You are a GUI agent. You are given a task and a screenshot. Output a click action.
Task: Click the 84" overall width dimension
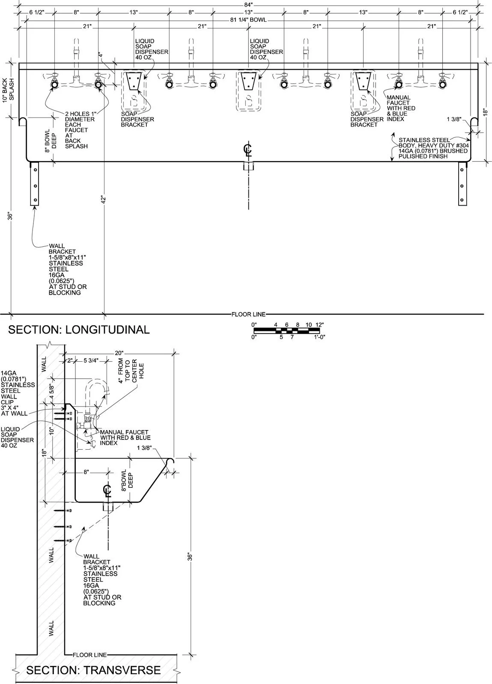coord(249,4)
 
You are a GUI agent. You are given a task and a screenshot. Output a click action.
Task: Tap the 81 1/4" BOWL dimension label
coord(248,20)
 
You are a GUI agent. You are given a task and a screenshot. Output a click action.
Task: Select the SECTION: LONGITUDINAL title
coord(79,330)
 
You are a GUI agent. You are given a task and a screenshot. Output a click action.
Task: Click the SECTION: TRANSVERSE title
coord(93,670)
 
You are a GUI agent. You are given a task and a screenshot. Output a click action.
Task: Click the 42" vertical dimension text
coord(103,200)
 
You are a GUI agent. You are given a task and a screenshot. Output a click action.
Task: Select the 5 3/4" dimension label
coord(91,361)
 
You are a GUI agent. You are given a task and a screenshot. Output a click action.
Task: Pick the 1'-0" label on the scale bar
coord(319,337)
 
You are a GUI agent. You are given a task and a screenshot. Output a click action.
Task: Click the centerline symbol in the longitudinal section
coord(247,150)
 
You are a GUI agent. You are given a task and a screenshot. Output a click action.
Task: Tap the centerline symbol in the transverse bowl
coord(107,491)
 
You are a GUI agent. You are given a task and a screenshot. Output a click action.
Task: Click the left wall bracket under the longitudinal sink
coord(35,183)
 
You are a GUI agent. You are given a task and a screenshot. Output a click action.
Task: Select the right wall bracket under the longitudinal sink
coord(462,183)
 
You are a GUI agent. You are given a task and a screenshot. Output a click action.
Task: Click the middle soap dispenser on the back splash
coord(248,90)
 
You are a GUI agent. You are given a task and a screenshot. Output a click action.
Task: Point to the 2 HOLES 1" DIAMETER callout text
coord(80,130)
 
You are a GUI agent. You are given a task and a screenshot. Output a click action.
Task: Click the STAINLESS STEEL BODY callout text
coord(433,148)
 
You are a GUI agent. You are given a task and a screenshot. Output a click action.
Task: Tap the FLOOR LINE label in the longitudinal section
coord(248,314)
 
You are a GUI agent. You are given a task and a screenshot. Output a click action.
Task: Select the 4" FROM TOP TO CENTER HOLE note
coord(131,371)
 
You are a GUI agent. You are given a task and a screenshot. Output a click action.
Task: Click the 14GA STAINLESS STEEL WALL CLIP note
coord(18,393)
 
